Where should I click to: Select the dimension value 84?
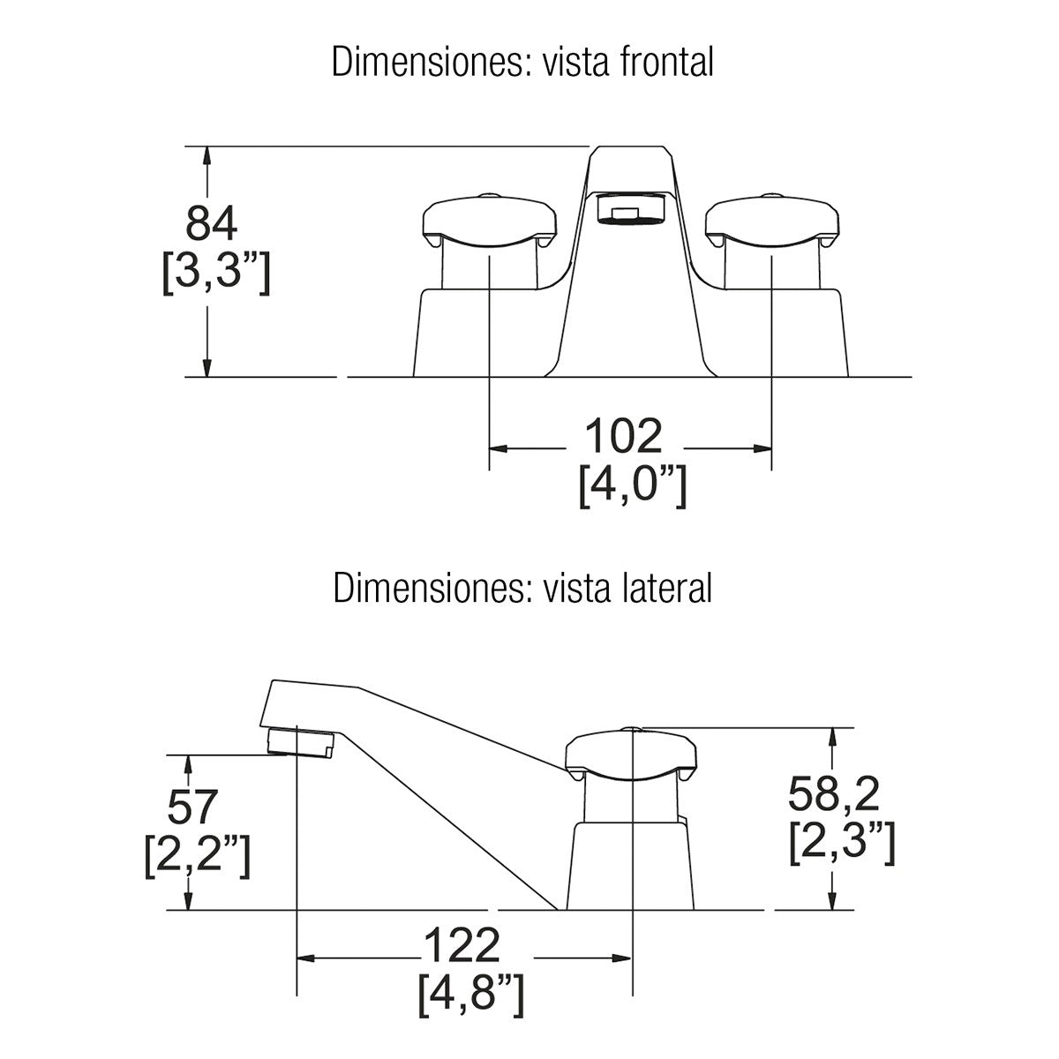[x=212, y=224]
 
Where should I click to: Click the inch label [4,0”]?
[x=632, y=486]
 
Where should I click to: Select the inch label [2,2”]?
[x=197, y=856]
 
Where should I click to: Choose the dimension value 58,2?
[x=834, y=795]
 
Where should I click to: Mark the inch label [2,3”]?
[x=843, y=844]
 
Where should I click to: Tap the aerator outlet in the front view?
[x=631, y=211]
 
